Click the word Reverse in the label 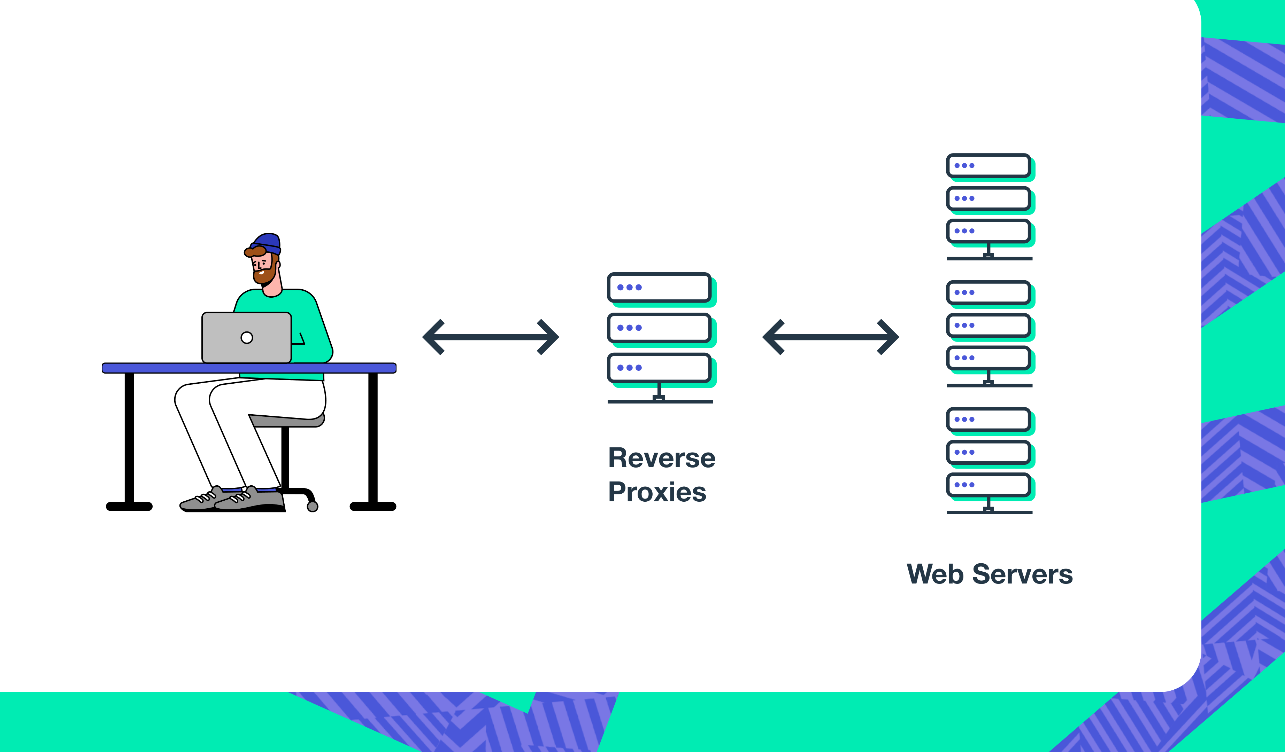point(661,458)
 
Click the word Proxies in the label point(657,492)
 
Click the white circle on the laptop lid point(247,337)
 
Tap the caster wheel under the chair point(313,507)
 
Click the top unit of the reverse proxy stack point(659,287)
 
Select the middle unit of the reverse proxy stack point(659,328)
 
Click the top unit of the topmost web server point(988,166)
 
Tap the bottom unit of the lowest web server point(988,485)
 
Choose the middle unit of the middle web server point(988,325)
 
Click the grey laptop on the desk point(246,337)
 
